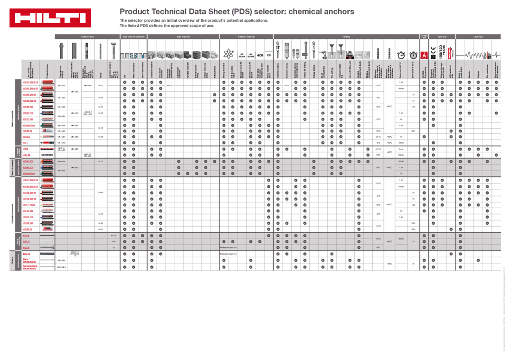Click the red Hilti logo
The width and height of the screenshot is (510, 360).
tap(50, 18)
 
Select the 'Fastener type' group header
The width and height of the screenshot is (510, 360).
tap(88, 36)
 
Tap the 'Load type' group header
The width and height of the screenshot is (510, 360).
tap(478, 36)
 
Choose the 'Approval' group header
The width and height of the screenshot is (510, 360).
tap(442, 36)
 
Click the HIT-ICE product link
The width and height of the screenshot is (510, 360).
tap(26, 137)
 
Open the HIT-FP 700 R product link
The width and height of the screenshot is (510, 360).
tap(29, 204)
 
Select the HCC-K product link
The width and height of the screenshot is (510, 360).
tap(26, 235)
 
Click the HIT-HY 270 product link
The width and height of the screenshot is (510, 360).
tap(28, 167)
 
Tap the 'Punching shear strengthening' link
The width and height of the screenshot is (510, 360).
tap(30, 267)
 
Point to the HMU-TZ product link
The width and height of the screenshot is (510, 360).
tap(26, 155)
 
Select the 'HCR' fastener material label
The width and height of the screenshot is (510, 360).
tap(260, 55)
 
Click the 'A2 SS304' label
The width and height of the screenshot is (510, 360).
tap(242, 55)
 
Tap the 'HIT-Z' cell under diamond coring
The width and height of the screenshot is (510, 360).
tap(287, 86)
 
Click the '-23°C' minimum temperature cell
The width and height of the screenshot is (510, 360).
tap(378, 137)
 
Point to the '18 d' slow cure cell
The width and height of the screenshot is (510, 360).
tap(413, 204)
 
